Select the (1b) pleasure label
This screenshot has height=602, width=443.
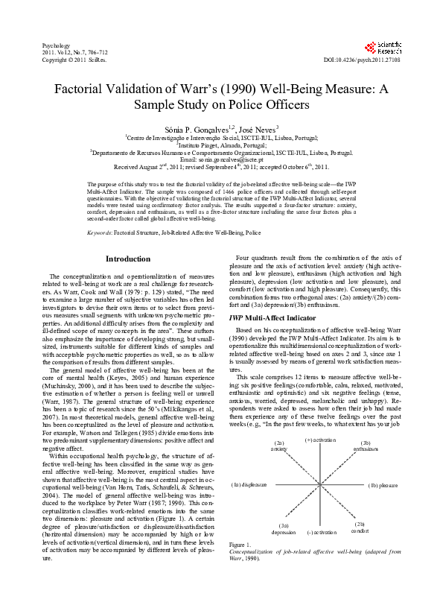point(383,484)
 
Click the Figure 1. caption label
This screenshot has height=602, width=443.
point(242,567)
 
